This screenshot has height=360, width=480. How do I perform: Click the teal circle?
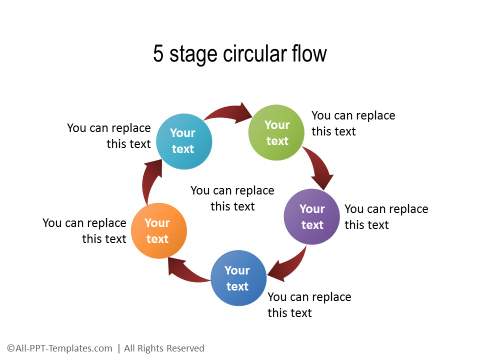183,141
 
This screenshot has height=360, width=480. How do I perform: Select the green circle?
277,132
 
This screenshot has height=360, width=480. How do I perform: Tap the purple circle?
312,216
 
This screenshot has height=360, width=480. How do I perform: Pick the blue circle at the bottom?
237,278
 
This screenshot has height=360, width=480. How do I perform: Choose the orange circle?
158,230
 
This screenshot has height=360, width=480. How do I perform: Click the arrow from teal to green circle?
230,114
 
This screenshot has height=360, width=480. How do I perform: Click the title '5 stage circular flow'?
240,54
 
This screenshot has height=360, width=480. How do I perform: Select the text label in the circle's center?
232,198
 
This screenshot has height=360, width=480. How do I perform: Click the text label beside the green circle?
353,123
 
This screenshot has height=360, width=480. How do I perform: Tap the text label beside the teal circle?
109,135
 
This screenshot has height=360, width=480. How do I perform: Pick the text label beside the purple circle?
386,217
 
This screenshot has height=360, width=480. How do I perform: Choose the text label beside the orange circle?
84,231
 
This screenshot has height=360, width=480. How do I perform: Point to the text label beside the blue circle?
309,305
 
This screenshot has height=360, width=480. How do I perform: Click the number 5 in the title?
159,54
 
